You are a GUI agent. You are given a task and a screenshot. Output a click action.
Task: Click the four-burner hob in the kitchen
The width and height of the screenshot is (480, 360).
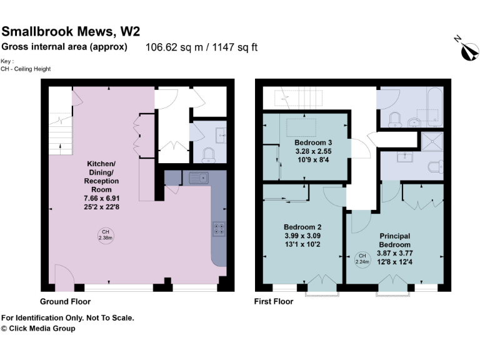[x=219, y=229]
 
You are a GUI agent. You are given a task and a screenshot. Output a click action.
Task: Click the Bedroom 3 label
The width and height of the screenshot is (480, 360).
[x=313, y=142]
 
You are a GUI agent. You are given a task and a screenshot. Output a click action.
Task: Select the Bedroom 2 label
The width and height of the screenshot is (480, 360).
[x=302, y=226]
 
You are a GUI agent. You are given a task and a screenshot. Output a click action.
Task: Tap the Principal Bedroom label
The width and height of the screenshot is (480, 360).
[x=395, y=240]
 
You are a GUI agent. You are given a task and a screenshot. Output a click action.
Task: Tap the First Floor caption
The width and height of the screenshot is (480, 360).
[x=274, y=301]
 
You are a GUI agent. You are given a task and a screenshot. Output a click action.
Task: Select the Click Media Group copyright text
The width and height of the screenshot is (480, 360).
[x=38, y=328]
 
